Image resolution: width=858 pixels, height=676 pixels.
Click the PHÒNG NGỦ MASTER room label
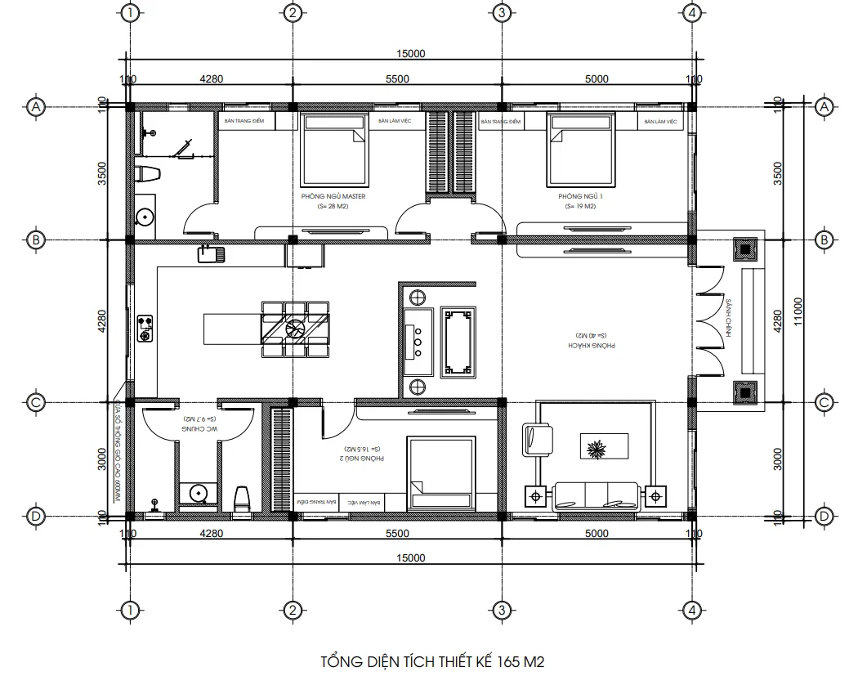[333, 197]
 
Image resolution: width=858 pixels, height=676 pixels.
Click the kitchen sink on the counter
[211, 254]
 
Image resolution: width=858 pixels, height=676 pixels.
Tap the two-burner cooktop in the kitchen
[146, 328]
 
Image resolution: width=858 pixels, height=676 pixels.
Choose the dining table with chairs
[296, 329]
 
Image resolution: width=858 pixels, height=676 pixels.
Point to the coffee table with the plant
[605, 447]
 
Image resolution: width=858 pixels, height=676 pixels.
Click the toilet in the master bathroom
[147, 173]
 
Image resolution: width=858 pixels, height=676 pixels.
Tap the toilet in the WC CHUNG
[242, 499]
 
